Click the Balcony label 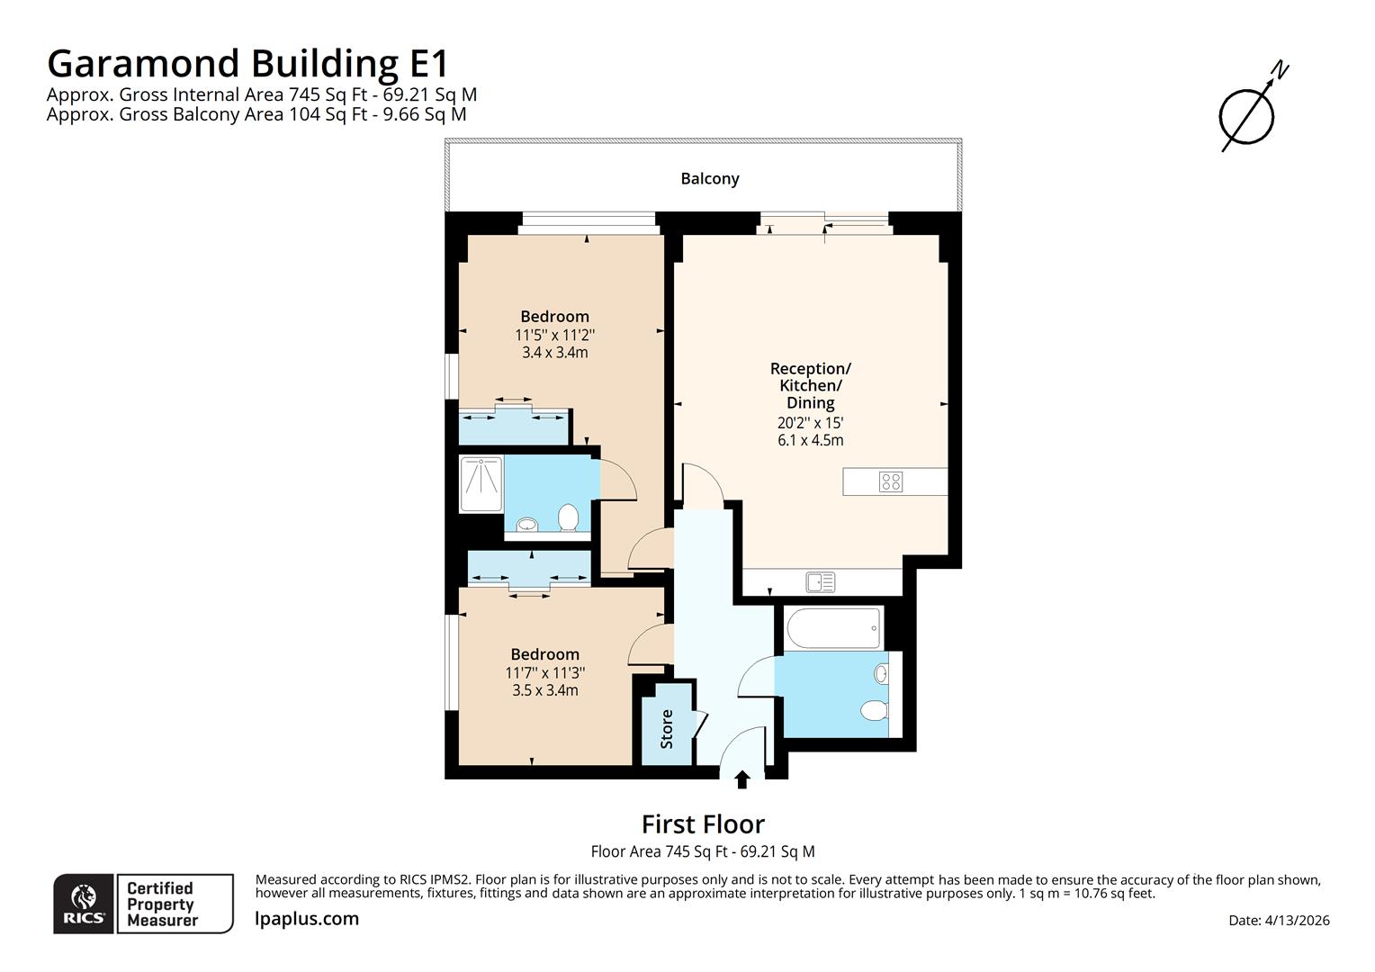(709, 178)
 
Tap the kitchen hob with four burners (890, 481)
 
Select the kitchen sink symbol (820, 583)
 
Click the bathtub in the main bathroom (832, 627)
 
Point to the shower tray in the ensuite (481, 484)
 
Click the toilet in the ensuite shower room (568, 517)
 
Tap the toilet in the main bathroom (874, 711)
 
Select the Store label (667, 729)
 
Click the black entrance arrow (742, 779)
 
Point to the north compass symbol (1248, 114)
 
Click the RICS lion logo (84, 904)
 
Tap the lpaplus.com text (307, 919)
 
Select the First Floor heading (703, 824)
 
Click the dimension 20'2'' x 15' (810, 422)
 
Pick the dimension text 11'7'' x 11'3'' (544, 672)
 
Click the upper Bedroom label (554, 316)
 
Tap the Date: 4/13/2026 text (1279, 920)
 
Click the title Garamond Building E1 (247, 64)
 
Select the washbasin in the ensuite (526, 524)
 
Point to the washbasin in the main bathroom (882, 673)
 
